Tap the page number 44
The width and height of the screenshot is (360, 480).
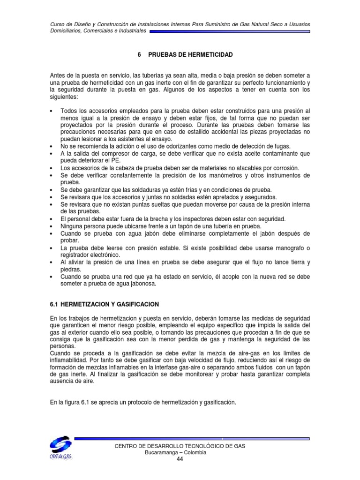tap(180, 459)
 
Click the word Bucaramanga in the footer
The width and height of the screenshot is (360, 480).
tap(164, 453)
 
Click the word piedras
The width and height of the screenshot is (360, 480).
tap(71, 270)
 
